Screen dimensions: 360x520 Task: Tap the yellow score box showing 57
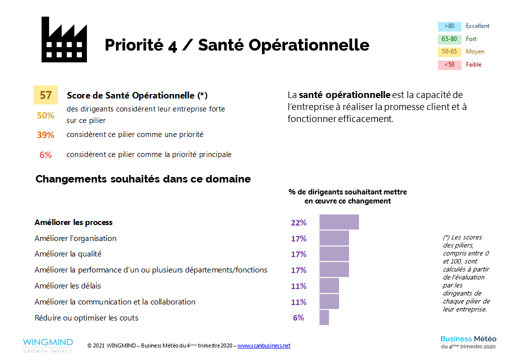(x=45, y=95)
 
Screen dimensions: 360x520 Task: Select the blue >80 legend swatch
(x=449, y=26)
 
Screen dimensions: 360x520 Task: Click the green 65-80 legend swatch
(x=449, y=39)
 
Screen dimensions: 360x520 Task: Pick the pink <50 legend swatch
(x=449, y=64)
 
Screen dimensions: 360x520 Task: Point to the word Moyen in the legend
(x=475, y=51)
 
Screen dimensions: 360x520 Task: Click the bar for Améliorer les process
(x=339, y=222)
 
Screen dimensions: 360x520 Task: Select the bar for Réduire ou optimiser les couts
(x=324, y=317)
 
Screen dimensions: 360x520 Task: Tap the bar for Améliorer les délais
(x=329, y=286)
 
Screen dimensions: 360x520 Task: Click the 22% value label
(x=298, y=223)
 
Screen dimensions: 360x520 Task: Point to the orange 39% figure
(x=45, y=135)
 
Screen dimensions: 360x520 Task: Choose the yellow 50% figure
(x=45, y=115)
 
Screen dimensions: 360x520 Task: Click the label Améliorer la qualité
(x=68, y=254)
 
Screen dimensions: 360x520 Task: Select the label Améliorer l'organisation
(x=75, y=238)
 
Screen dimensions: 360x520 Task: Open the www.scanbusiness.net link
(x=263, y=346)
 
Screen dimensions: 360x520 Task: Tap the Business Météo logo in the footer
(x=468, y=342)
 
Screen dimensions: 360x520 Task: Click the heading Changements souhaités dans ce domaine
(x=143, y=179)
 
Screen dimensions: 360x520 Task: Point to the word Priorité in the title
(x=133, y=45)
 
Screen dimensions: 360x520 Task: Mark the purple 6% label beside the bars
(x=298, y=317)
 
